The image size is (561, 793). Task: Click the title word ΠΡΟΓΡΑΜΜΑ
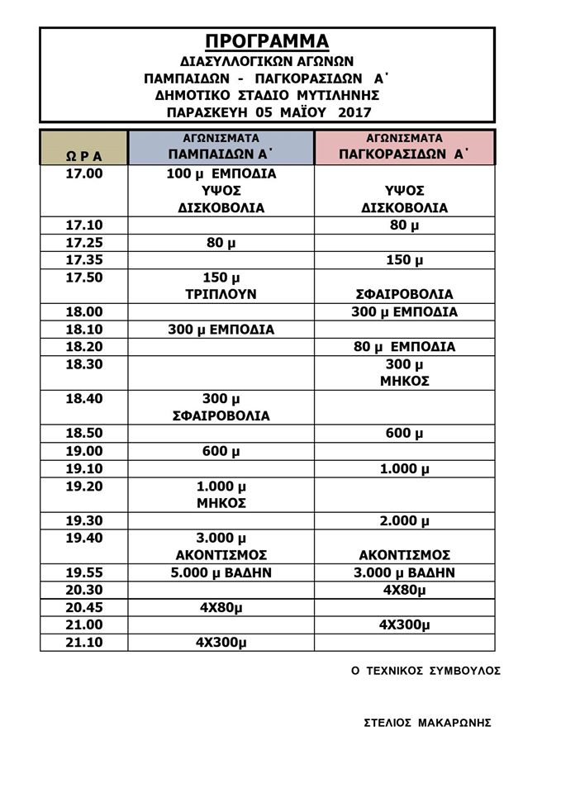[267, 41]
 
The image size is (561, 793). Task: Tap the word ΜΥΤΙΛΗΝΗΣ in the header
[335, 95]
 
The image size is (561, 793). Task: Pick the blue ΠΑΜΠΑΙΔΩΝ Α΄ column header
[221, 154]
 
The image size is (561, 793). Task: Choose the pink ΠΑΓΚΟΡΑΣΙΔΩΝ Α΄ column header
[404, 154]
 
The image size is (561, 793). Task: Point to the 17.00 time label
[83, 174]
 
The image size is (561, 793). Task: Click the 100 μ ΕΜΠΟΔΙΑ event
[221, 174]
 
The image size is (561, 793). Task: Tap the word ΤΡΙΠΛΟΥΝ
[221, 294]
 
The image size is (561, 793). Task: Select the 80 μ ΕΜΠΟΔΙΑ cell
[404, 347]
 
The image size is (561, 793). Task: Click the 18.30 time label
[83, 364]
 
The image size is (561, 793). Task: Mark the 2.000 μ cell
[404, 520]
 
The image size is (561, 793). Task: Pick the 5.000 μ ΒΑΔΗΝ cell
[221, 572]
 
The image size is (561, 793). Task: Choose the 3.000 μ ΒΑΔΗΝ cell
[404, 572]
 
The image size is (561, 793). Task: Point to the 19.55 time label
[83, 572]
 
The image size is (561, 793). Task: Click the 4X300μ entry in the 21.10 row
[221, 642]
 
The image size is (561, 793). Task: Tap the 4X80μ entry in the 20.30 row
[404, 590]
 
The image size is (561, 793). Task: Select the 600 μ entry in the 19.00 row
[221, 451]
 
